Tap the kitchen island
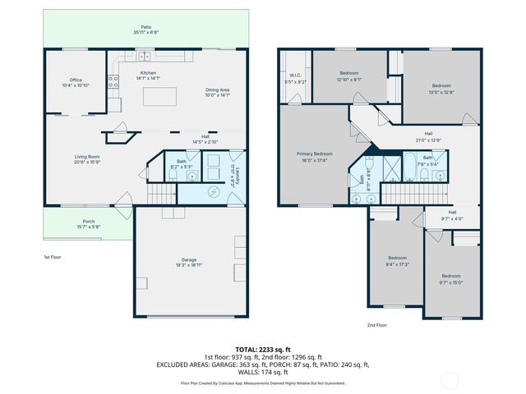click(163, 97)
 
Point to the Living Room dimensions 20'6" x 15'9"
click(87, 163)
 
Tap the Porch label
click(88, 222)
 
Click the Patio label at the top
click(145, 30)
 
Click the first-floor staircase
click(163, 194)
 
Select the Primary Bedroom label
click(314, 156)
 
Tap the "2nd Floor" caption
click(376, 325)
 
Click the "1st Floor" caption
click(53, 257)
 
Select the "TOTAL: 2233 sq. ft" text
click(262, 350)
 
